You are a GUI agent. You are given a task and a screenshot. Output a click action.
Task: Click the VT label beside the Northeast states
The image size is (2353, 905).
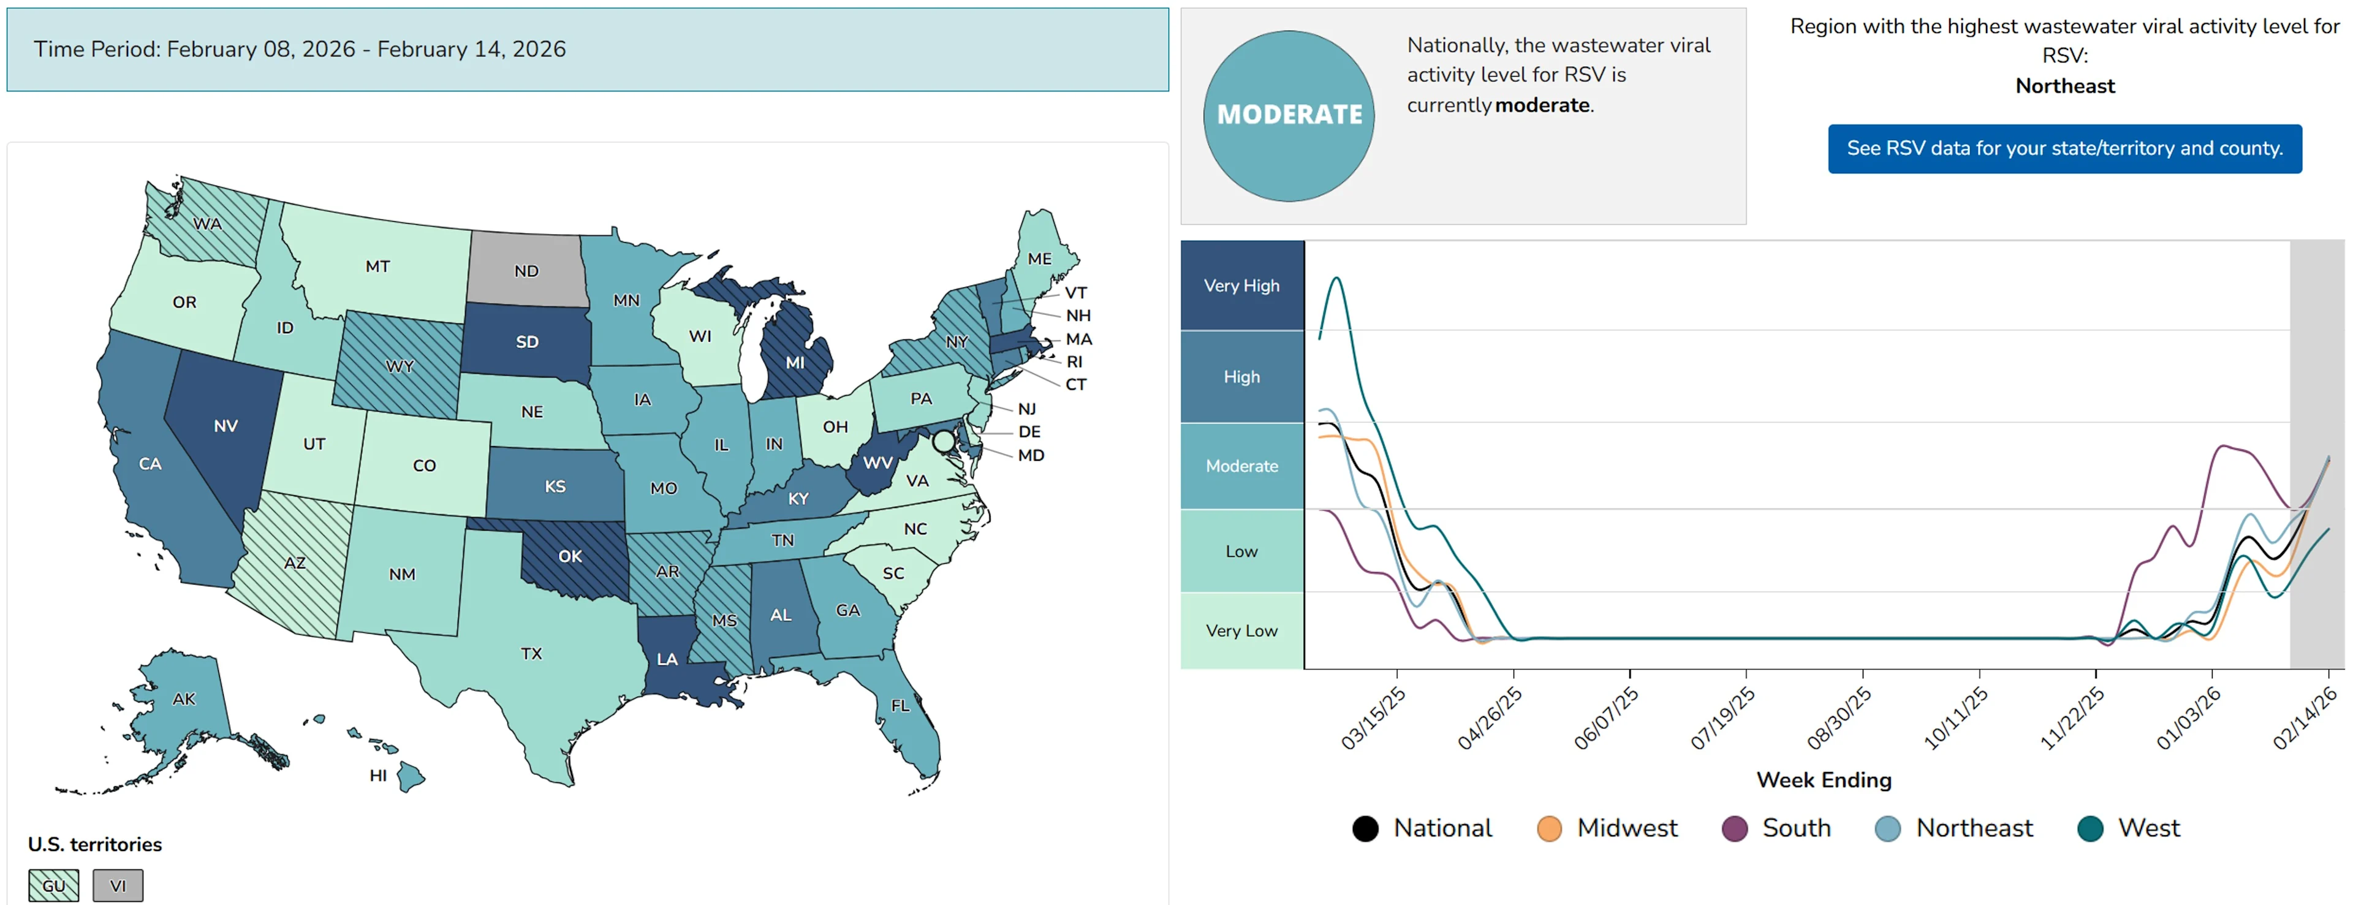pos(1075,293)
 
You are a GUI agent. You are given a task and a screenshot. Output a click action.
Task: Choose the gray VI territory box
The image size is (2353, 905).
pos(118,885)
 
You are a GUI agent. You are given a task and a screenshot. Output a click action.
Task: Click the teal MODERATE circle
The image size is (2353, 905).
pos(1288,115)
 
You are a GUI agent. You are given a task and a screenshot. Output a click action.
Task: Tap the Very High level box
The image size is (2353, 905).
pos(1241,286)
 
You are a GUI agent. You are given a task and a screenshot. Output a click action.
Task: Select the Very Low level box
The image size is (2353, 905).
pos(1241,630)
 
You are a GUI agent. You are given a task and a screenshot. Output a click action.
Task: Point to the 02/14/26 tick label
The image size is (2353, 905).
pos(2305,719)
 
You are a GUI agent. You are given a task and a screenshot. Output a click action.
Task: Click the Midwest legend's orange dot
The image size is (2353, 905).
pos(1549,828)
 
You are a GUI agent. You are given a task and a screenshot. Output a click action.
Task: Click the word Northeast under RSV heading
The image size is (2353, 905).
pos(2064,86)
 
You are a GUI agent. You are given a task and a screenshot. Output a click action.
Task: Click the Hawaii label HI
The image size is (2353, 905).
pos(378,775)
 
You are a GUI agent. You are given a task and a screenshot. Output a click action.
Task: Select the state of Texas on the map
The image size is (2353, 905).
pos(532,654)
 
